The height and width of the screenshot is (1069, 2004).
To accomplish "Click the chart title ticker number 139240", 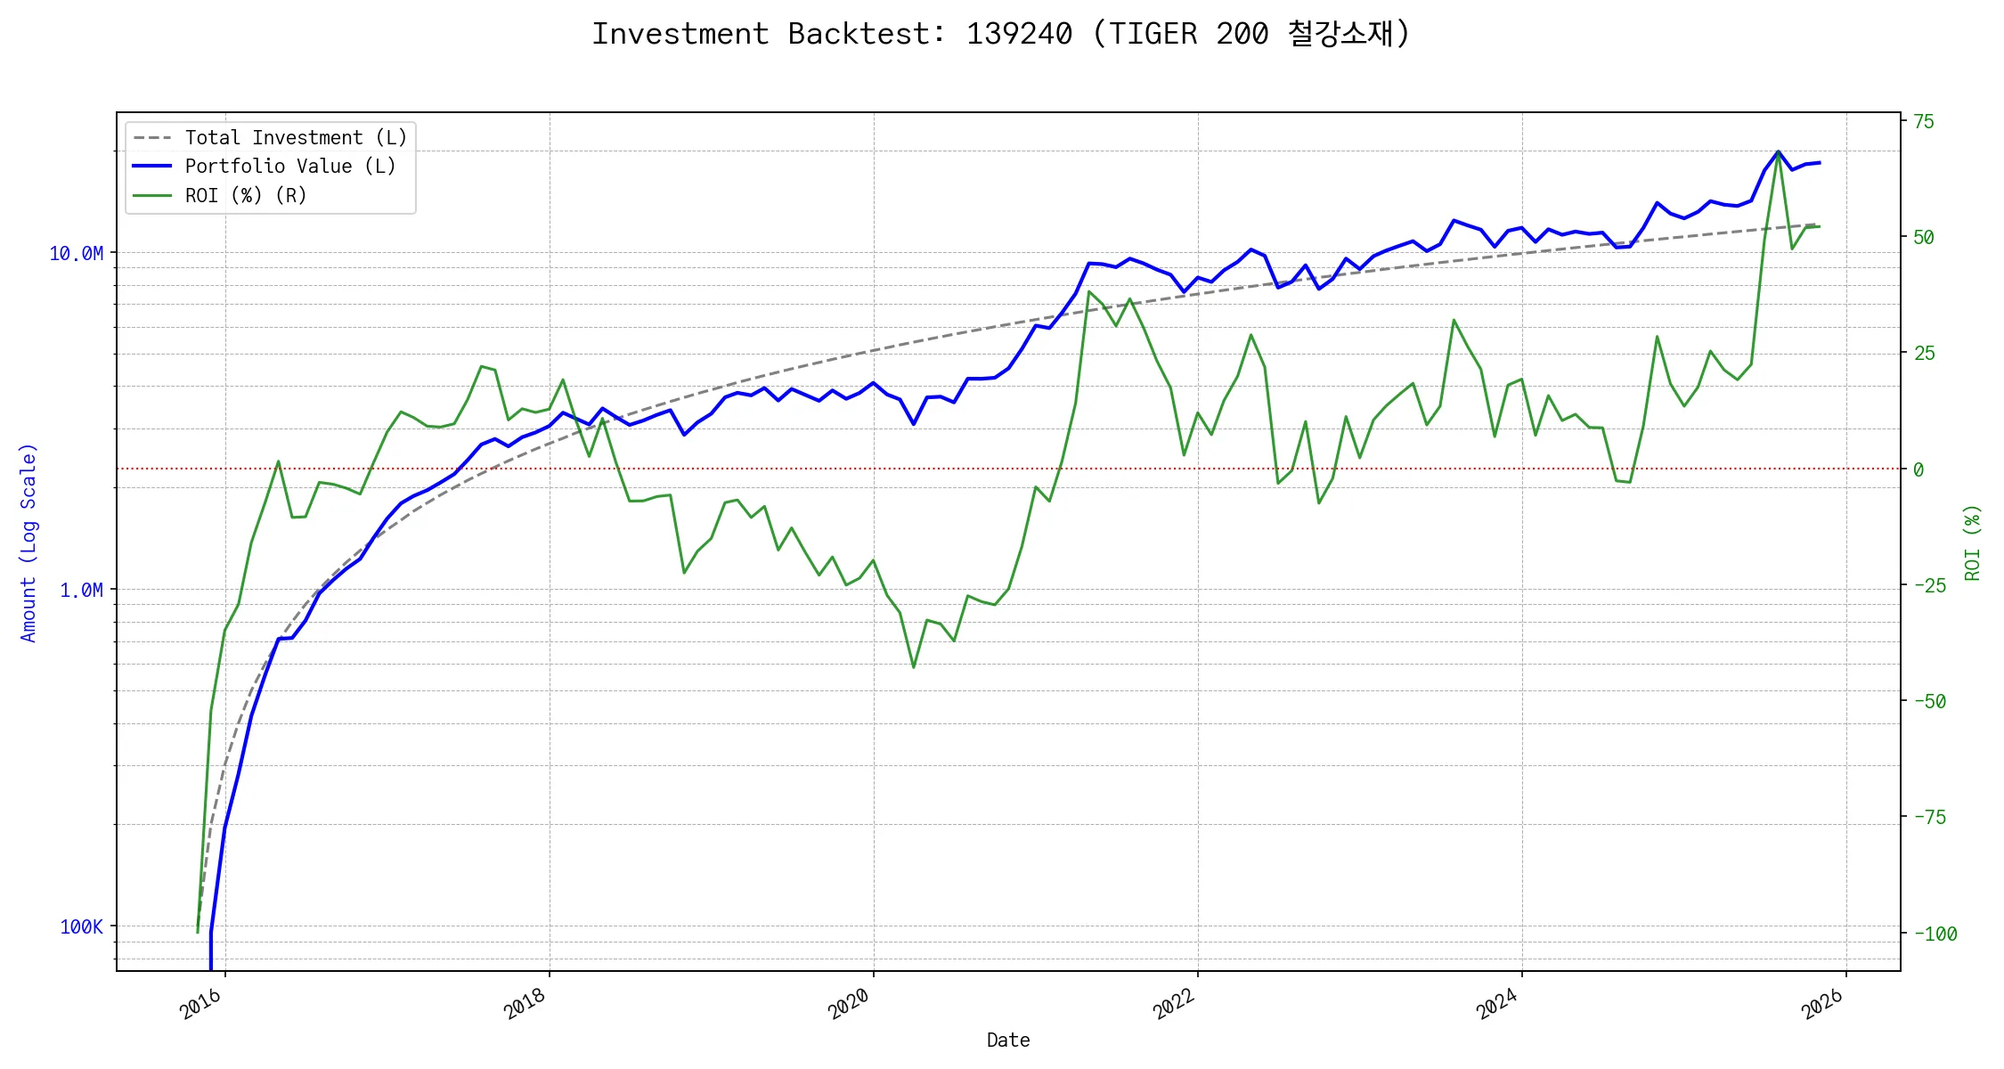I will tap(1019, 34).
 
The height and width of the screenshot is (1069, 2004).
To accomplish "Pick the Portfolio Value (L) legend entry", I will tap(290, 167).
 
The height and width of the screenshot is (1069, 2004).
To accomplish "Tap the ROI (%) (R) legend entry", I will tap(246, 196).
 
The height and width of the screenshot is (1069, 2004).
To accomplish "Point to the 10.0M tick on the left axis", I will tap(76, 254).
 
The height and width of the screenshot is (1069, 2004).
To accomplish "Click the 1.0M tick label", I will tap(81, 591).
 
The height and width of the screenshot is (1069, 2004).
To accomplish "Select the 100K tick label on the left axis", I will tap(81, 927).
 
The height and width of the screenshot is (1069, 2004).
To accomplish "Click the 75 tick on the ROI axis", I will tap(1925, 122).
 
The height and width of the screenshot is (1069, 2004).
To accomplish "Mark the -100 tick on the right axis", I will tap(1935, 934).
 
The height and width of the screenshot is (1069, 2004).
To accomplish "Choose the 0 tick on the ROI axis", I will tap(1919, 469).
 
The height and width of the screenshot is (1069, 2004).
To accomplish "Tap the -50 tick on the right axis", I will tap(1930, 702).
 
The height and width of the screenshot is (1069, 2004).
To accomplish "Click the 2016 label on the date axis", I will tap(200, 1005).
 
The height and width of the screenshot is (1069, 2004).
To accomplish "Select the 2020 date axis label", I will tap(849, 1005).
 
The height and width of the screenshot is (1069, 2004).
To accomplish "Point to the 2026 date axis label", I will tap(1821, 1005).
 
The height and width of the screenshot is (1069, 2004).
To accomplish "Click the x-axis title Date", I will tap(1008, 1040).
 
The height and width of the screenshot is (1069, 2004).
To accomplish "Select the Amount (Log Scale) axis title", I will tap(29, 542).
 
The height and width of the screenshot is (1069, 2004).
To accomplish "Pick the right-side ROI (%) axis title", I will tap(1972, 542).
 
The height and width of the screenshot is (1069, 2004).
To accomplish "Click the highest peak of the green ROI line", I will tap(1778, 153).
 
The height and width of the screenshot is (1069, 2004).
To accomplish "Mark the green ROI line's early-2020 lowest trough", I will tap(914, 667).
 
